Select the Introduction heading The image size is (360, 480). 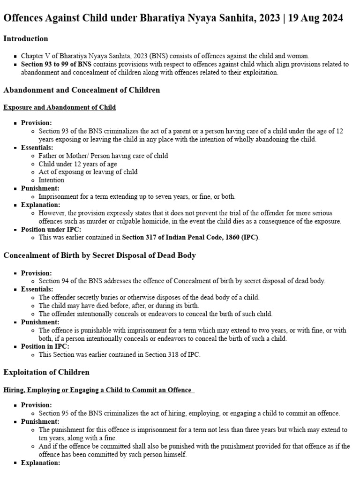[26, 38]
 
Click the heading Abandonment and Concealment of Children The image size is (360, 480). [82, 90]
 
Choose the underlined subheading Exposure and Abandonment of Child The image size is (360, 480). [60, 107]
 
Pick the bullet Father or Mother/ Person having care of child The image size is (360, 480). [103, 156]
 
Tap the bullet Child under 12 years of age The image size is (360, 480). [78, 164]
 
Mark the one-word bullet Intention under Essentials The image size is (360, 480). [52, 180]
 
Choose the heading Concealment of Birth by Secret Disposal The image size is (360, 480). [99, 255]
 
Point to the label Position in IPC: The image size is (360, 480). [45, 346]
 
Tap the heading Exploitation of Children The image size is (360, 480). [46, 372]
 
